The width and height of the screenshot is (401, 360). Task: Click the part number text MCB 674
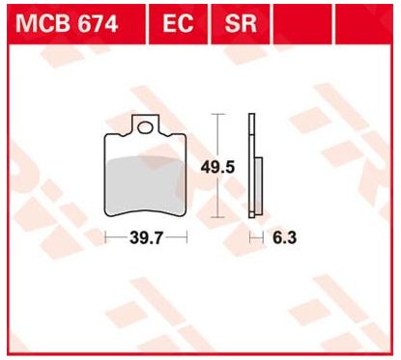coord(67,24)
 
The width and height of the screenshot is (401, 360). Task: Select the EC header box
coord(178,24)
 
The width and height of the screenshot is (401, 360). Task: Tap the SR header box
coord(241,24)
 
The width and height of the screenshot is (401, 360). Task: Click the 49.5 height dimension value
coord(217,168)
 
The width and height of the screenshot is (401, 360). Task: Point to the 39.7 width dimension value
coord(147,238)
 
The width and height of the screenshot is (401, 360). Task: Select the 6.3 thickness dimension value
coord(284,238)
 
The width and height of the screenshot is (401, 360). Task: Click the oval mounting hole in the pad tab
coord(145,127)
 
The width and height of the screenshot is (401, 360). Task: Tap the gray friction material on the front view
coord(145,185)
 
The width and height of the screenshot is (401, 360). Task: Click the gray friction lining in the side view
coord(259,185)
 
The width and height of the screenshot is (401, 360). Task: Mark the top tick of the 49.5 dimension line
coord(218,114)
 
